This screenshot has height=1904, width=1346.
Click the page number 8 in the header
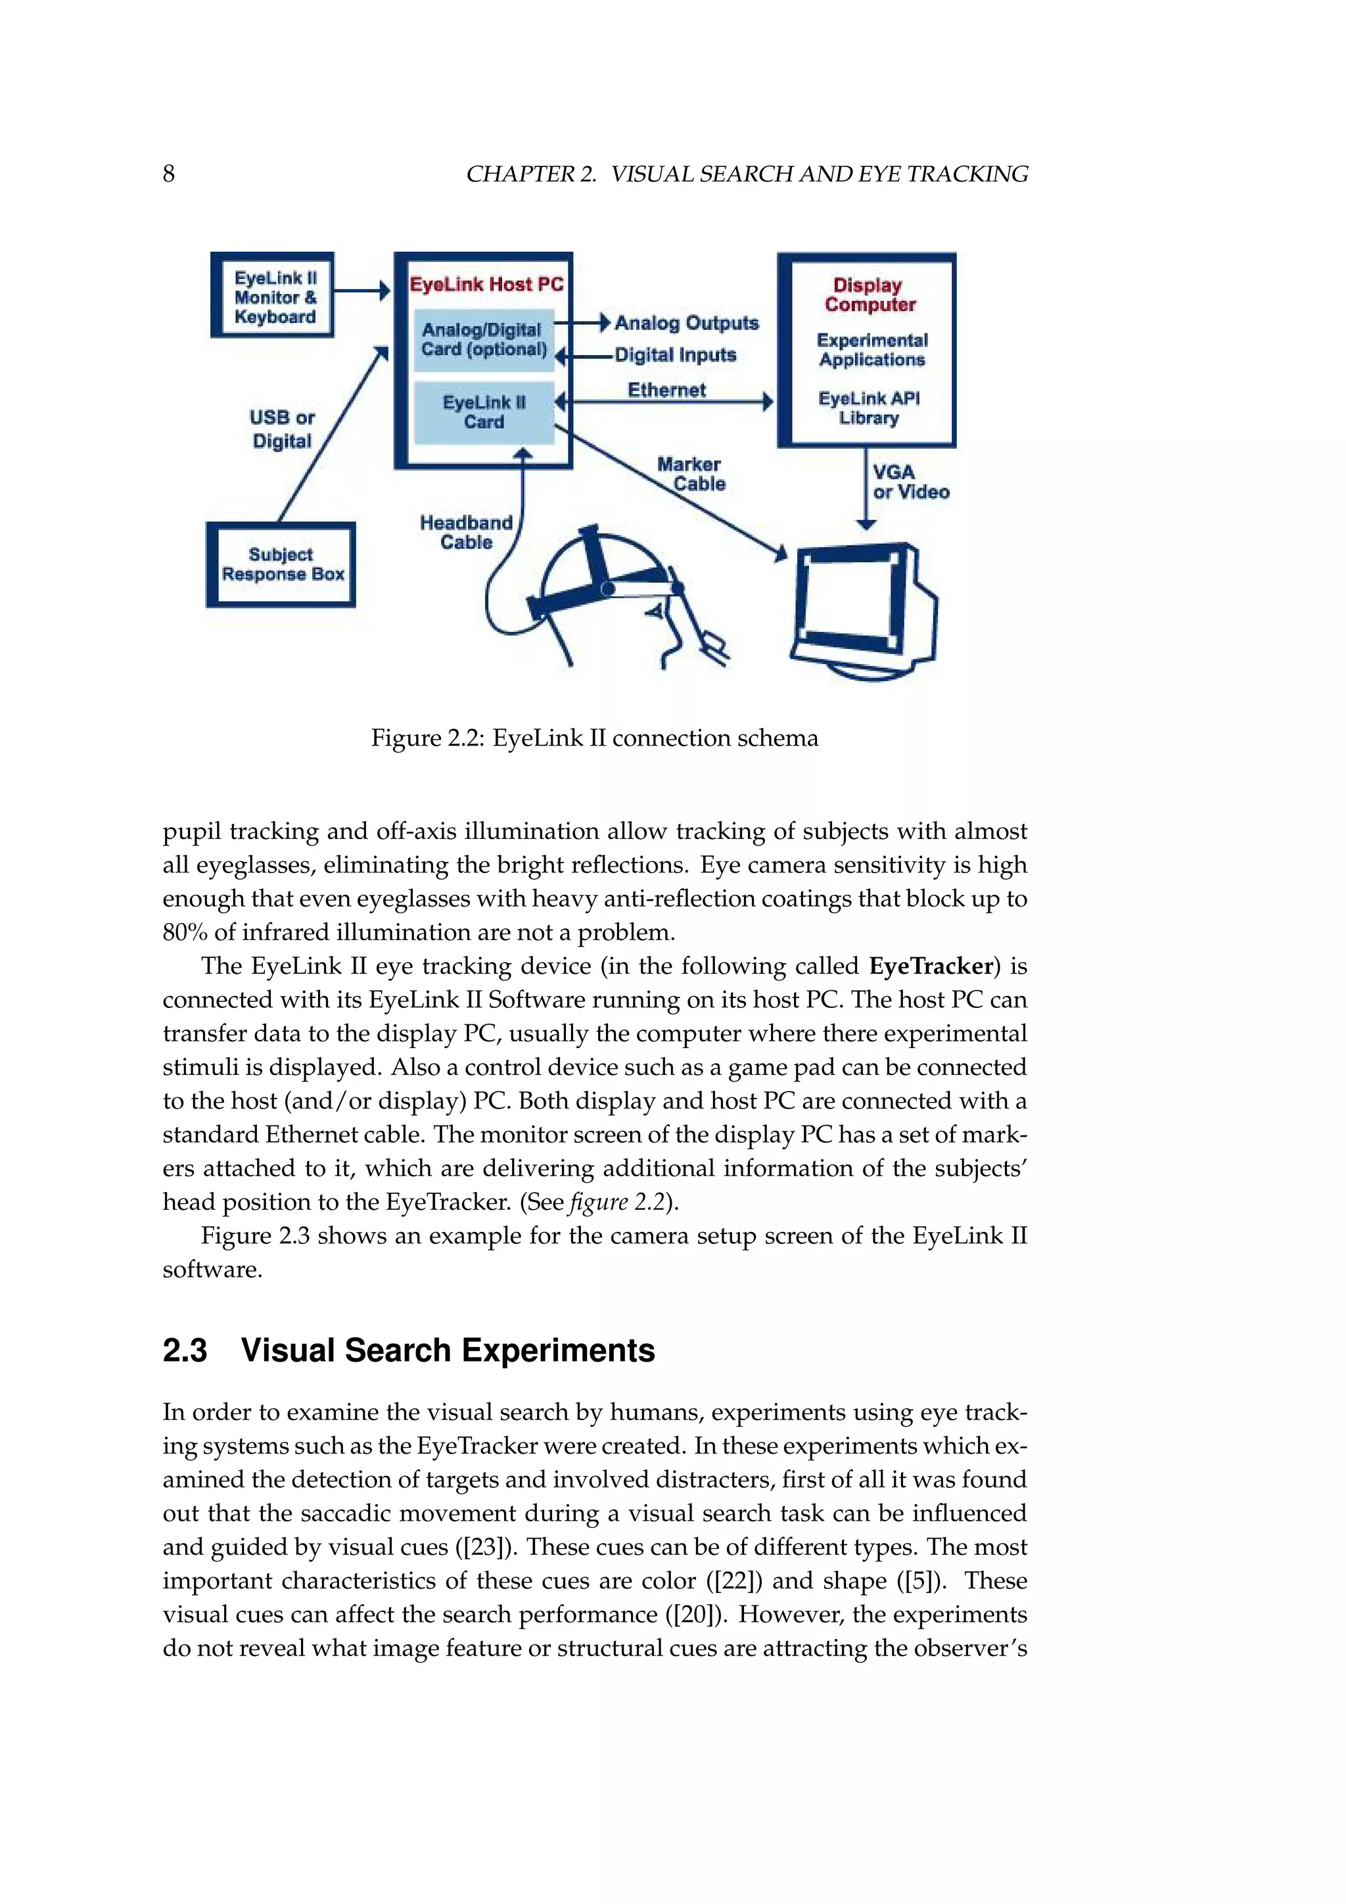tap(168, 174)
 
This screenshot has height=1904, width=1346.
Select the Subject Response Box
tap(281, 565)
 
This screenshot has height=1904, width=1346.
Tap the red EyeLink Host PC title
tap(486, 285)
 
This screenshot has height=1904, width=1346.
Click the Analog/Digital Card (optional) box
tap(483, 340)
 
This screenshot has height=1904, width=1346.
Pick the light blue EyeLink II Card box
tap(483, 412)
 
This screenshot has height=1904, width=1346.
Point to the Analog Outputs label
tap(686, 323)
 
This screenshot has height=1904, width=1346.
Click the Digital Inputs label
tap(675, 355)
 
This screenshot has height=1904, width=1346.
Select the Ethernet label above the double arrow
tap(666, 389)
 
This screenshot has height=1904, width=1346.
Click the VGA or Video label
tap(909, 482)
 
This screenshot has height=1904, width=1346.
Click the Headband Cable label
tap(466, 533)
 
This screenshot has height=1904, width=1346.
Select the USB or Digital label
tap(282, 429)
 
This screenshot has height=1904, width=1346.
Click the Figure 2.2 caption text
tap(594, 738)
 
